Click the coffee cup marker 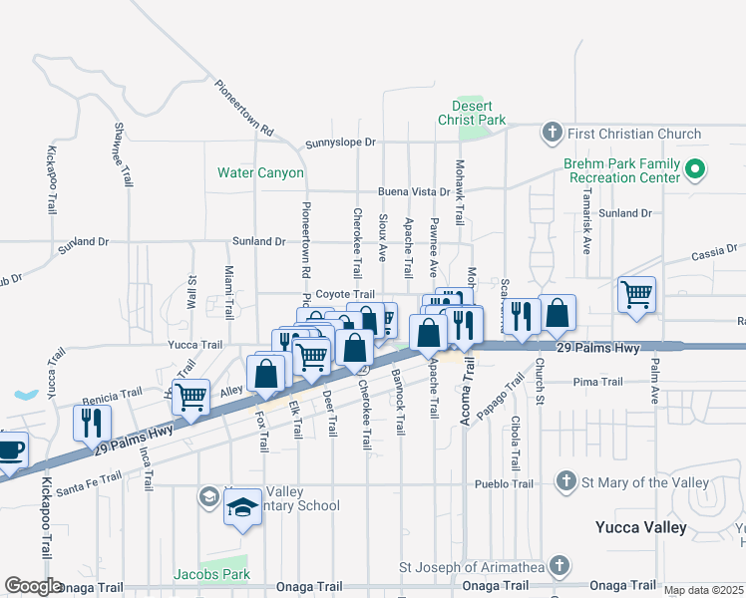click(9, 450)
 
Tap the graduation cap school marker click(242, 507)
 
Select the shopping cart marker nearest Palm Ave click(636, 294)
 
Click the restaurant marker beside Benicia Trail click(92, 422)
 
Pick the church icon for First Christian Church click(551, 134)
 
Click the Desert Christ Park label click(472, 113)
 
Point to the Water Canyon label click(260, 172)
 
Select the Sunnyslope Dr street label click(341, 143)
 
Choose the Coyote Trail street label click(345, 294)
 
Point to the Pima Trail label click(597, 382)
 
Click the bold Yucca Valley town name click(640, 526)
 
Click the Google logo click(33, 586)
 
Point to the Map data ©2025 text click(703, 590)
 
